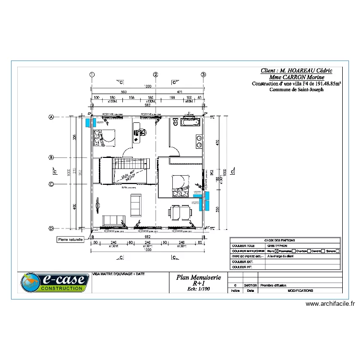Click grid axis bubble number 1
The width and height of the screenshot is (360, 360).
(x=92, y=74)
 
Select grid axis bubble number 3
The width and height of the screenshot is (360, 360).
(x=204, y=74)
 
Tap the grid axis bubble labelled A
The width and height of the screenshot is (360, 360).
(x=50, y=117)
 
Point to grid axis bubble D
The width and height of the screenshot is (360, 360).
(x=50, y=228)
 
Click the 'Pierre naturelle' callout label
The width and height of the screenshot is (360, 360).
(x=71, y=239)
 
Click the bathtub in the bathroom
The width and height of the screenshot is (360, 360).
(x=189, y=123)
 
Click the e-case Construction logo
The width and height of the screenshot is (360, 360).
(x=54, y=283)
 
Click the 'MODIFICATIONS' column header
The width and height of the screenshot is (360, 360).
(x=300, y=290)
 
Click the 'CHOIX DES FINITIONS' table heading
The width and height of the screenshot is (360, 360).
(x=286, y=240)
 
